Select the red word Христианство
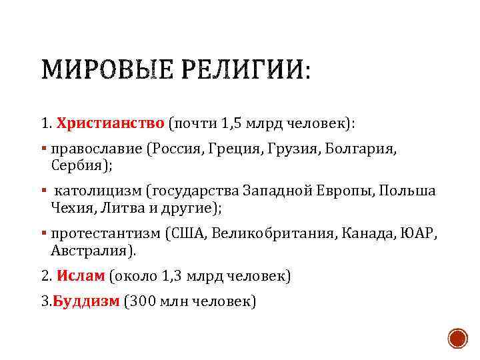pos(110,124)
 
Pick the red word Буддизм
pos(86,301)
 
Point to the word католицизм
pos(100,192)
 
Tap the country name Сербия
pos(75,165)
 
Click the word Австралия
pos(91,250)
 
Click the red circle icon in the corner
pos(457,337)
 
